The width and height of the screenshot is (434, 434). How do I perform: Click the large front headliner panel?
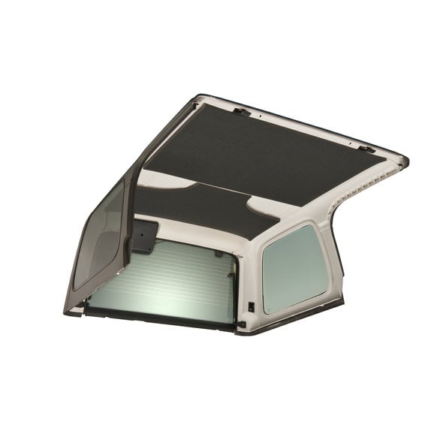point(263,154)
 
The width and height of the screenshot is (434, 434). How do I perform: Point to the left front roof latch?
point(241,112)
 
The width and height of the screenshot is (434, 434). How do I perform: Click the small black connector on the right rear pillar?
point(251,306)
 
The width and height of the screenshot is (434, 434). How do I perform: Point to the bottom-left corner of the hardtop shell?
point(69,311)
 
